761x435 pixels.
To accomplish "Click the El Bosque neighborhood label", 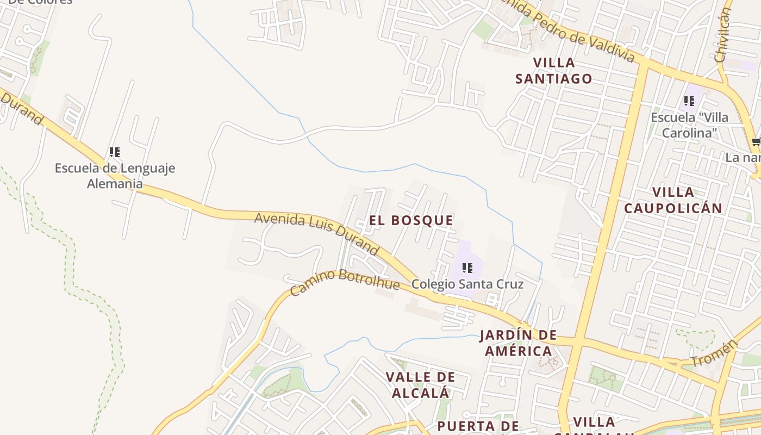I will [x=410, y=220].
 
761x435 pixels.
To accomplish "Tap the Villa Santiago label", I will [x=553, y=71].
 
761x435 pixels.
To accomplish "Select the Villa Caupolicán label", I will [x=673, y=200].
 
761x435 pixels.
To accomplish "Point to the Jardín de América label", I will [x=518, y=343].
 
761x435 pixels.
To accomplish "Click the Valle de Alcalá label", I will [x=420, y=384].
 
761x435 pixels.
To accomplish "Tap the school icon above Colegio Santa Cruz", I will [x=467, y=268].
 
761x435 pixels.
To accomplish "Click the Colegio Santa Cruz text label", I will [x=467, y=284].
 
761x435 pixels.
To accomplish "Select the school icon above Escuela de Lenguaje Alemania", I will [x=114, y=152].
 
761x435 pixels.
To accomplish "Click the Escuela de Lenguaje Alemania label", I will [x=115, y=176].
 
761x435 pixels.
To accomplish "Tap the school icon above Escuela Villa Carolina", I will [x=689, y=101].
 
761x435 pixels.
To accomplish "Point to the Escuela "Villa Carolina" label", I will [x=689, y=125].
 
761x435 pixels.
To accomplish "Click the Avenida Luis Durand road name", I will [x=316, y=233].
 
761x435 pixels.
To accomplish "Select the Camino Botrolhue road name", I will [x=345, y=282].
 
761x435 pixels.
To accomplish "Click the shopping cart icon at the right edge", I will [x=756, y=142].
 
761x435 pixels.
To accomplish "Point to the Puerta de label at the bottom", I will [x=478, y=426].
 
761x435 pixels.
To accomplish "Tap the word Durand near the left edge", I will [x=22, y=109].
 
